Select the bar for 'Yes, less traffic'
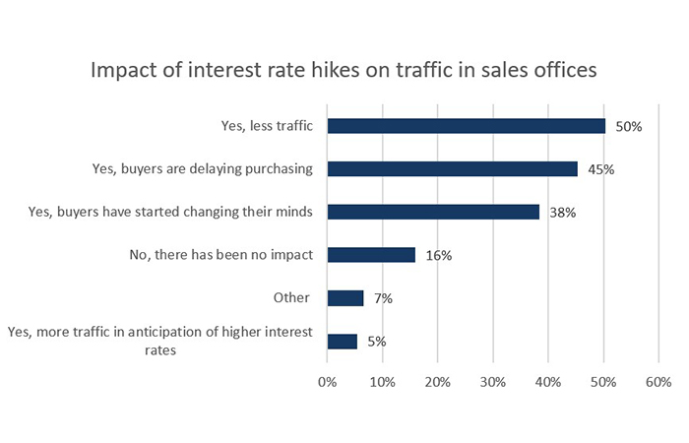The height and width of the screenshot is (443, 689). (466, 126)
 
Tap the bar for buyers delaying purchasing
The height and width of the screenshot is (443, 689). (452, 169)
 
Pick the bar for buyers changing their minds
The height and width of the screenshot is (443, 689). (433, 212)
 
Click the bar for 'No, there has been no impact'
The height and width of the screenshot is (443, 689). (371, 255)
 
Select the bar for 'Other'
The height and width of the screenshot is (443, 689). (345, 298)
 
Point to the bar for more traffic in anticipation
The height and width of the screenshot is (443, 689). (343, 342)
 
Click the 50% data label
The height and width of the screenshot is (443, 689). (629, 126)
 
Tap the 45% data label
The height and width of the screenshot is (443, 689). (601, 169)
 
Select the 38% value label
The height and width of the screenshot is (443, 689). (563, 212)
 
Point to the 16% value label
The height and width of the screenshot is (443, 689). (438, 255)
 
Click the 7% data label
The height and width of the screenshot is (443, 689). (382, 298)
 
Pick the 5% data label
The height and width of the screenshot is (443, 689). (376, 342)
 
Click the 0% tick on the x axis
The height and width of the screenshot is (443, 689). (327, 380)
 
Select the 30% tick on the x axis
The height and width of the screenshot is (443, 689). (492, 380)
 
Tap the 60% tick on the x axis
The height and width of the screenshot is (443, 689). (658, 380)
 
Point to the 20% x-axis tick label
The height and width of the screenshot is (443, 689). (437, 380)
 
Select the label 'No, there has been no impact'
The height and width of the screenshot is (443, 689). (220, 255)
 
